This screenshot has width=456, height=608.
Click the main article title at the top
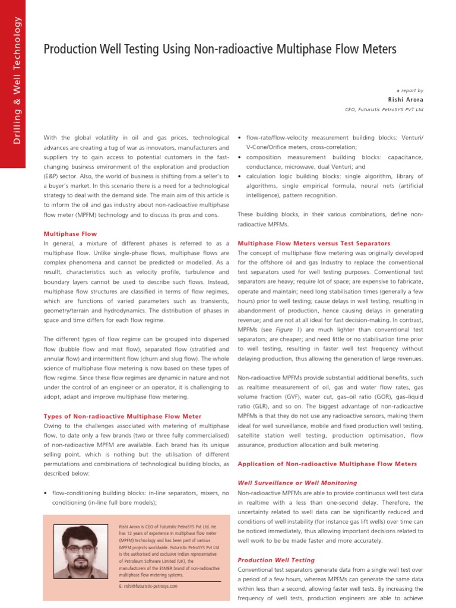pyautogui.click(x=220, y=50)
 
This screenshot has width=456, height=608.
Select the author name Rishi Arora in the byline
pyautogui.click(x=406, y=100)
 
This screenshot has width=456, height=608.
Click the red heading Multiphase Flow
pyautogui.click(x=70, y=234)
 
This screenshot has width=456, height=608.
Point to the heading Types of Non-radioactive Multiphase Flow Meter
pyautogui.click(x=122, y=416)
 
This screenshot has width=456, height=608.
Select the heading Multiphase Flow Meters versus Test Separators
pyautogui.click(x=313, y=243)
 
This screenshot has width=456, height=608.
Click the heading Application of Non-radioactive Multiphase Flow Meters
pyautogui.click(x=327, y=464)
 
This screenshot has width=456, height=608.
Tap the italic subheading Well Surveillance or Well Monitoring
pyautogui.click(x=297, y=483)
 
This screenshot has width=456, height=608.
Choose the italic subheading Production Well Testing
pyautogui.click(x=276, y=560)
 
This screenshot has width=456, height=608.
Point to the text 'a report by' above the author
pyautogui.click(x=410, y=90)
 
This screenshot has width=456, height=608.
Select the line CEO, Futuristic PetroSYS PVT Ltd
pyautogui.click(x=384, y=110)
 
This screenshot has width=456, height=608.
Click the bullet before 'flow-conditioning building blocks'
pyautogui.click(x=46, y=493)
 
